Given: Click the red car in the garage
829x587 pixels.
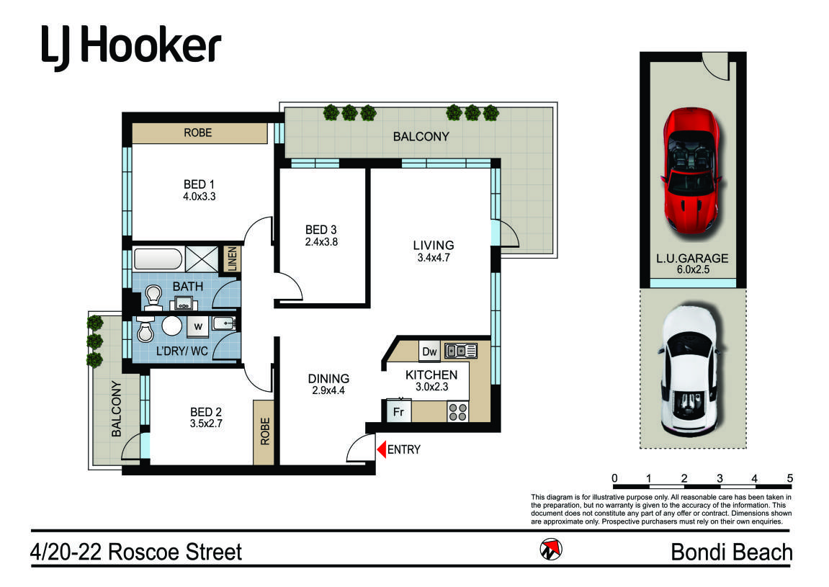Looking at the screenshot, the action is coord(692,170).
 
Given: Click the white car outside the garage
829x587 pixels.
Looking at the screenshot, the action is coord(691,371).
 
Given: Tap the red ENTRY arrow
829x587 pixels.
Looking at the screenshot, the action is coord(381,449).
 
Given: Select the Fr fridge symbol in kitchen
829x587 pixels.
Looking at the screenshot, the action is coord(398,411).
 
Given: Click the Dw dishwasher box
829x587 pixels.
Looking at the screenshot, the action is coord(429,351).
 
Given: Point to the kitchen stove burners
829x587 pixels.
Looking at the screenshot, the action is coord(458,412).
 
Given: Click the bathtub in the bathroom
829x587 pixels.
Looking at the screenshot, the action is coord(158,259).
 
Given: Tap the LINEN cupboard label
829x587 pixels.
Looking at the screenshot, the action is coord(232,259).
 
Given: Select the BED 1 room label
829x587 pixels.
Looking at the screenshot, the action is coord(200,184).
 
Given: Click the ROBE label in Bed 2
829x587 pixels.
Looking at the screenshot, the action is coord(265,431).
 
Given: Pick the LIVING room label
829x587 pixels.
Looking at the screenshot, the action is coord(434,246).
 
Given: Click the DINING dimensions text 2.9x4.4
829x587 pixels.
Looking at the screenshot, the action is coord(328,391).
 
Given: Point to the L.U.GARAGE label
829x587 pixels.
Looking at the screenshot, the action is coord(692,259).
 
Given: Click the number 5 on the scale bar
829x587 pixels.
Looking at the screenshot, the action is coord(790,478).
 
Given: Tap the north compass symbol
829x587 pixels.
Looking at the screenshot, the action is coord(551,550).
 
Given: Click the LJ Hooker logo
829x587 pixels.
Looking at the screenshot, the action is coord(130,48).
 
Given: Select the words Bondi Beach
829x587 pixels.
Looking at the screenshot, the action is coord(732,552).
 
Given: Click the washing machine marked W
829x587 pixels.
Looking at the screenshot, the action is coord(198,326).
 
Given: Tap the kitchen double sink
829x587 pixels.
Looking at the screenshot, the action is coord(461,351).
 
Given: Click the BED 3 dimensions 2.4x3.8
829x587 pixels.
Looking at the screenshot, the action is coord(321,242).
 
